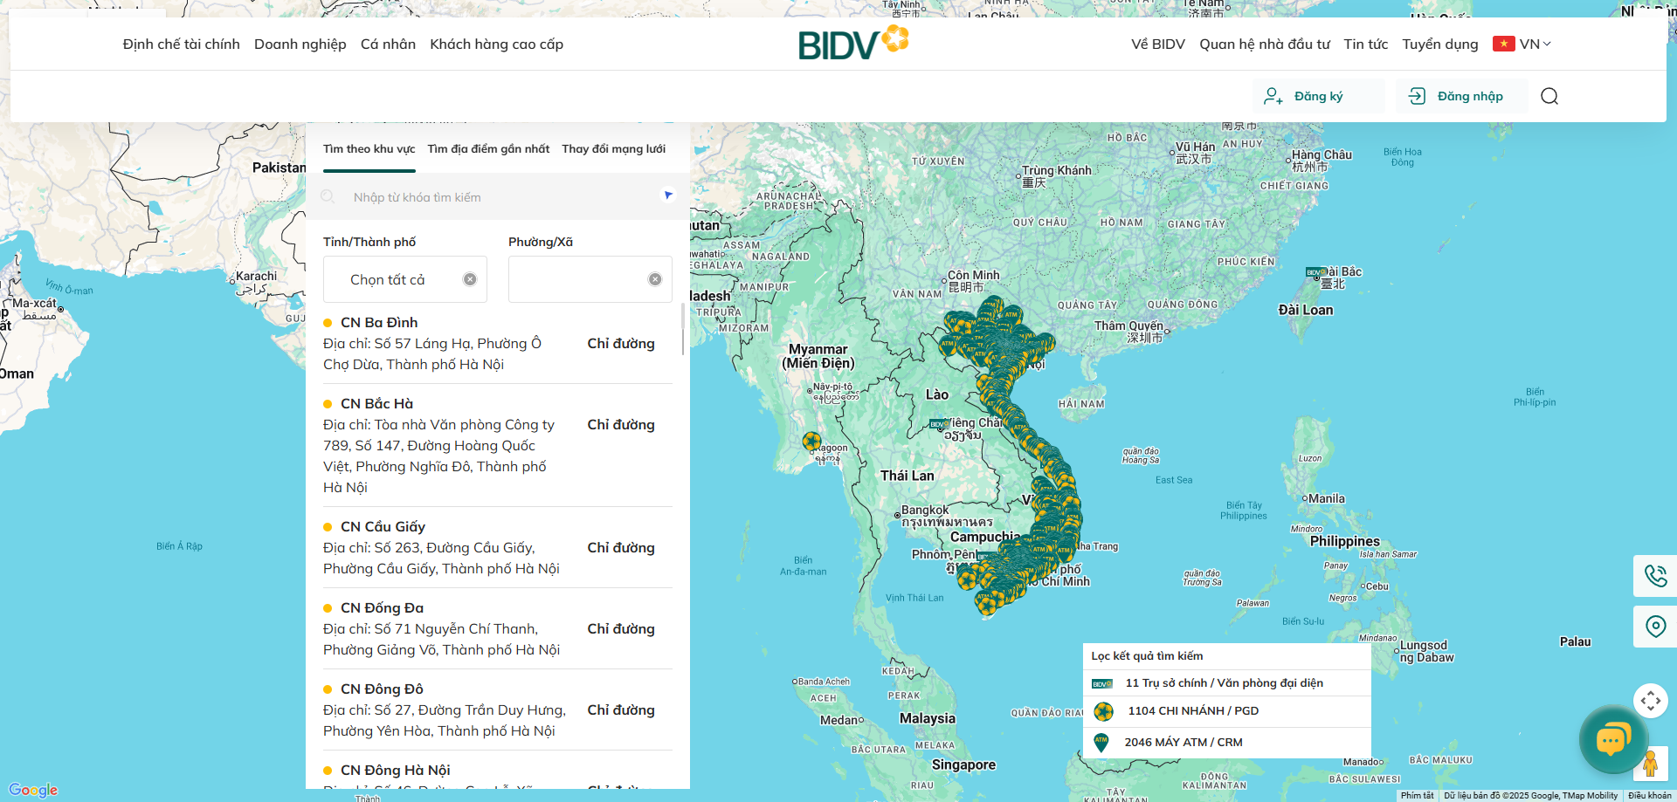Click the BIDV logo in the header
852,43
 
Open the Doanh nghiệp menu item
300,44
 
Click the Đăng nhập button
1461,96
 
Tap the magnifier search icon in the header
1549,96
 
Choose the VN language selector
1522,44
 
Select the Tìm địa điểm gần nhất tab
488,149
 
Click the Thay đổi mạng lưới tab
613,149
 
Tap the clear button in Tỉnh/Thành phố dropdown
470,279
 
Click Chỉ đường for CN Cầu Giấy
620,548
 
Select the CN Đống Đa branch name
382,608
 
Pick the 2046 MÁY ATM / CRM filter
1183,743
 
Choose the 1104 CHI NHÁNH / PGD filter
1192,711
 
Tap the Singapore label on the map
963,765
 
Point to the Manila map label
1326,499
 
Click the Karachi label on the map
256,277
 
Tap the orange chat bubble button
1612,740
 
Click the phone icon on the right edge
1655,576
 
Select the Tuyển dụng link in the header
1439,44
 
